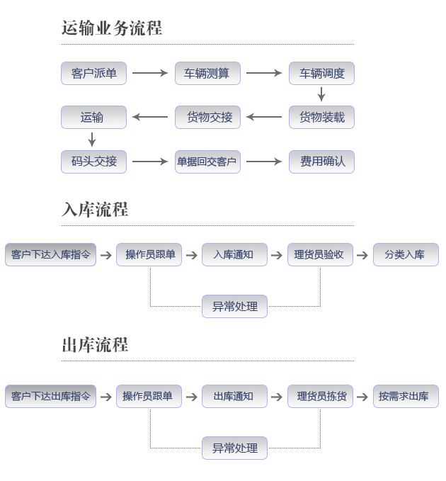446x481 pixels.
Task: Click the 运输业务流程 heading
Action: coord(112,28)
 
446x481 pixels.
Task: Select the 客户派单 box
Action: coord(93,73)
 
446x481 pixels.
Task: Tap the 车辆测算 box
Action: coord(207,73)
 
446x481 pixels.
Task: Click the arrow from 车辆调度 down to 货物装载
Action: coord(321,94)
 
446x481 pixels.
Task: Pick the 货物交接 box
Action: coord(207,117)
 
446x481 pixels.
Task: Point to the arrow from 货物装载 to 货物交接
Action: coord(264,117)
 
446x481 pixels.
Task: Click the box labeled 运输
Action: coord(93,117)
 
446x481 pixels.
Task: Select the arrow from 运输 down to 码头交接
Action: coord(92,140)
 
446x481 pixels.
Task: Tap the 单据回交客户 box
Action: coord(207,162)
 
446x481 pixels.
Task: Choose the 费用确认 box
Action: coord(321,162)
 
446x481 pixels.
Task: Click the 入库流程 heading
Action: coord(95,210)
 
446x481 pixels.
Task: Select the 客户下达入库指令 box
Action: coord(50,254)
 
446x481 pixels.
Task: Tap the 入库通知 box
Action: coord(234,254)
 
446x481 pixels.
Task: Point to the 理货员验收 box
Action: coord(320,254)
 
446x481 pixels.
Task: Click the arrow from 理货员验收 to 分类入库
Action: coord(362,255)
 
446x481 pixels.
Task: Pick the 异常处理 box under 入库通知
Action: coord(234,306)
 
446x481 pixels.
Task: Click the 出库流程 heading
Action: coord(95,345)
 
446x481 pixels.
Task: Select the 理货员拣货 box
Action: coord(320,396)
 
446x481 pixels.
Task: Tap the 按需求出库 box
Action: coord(406,396)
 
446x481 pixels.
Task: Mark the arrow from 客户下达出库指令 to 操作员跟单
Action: coord(106,397)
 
